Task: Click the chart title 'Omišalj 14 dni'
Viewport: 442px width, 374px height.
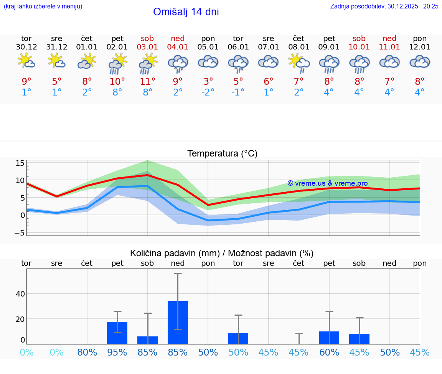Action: (186, 12)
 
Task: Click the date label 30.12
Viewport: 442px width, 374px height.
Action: (26, 47)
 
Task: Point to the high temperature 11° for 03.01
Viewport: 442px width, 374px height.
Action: (148, 81)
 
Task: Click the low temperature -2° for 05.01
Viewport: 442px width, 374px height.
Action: (208, 92)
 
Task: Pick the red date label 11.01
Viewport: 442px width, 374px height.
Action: (389, 47)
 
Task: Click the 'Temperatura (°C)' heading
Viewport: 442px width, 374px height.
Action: (222, 154)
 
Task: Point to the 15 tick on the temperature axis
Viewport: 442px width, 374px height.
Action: (20, 163)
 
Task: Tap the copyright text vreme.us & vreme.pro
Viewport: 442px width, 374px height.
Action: (327, 183)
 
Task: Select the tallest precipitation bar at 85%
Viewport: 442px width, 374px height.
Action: (178, 323)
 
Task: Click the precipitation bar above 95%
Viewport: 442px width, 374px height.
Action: (117, 333)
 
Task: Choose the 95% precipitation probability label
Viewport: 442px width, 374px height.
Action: (117, 352)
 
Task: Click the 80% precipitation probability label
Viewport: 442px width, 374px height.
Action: (87, 352)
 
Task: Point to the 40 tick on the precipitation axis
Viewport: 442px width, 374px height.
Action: (20, 294)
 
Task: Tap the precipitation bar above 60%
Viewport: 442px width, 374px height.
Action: (329, 338)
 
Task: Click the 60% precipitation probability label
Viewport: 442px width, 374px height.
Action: (329, 352)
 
